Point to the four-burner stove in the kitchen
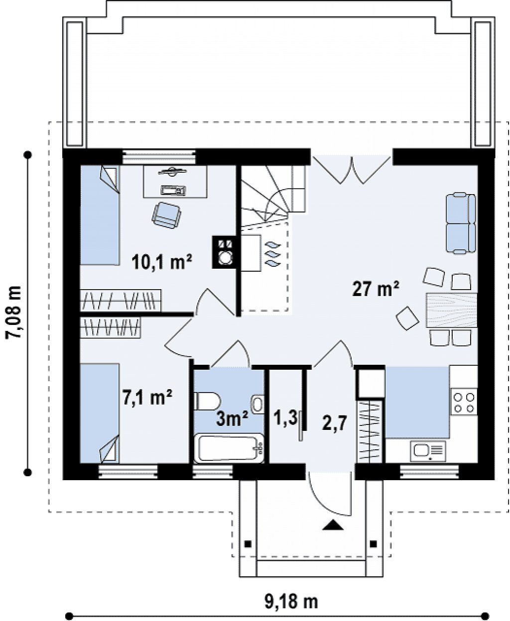(464, 403)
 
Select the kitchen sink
(428, 451)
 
